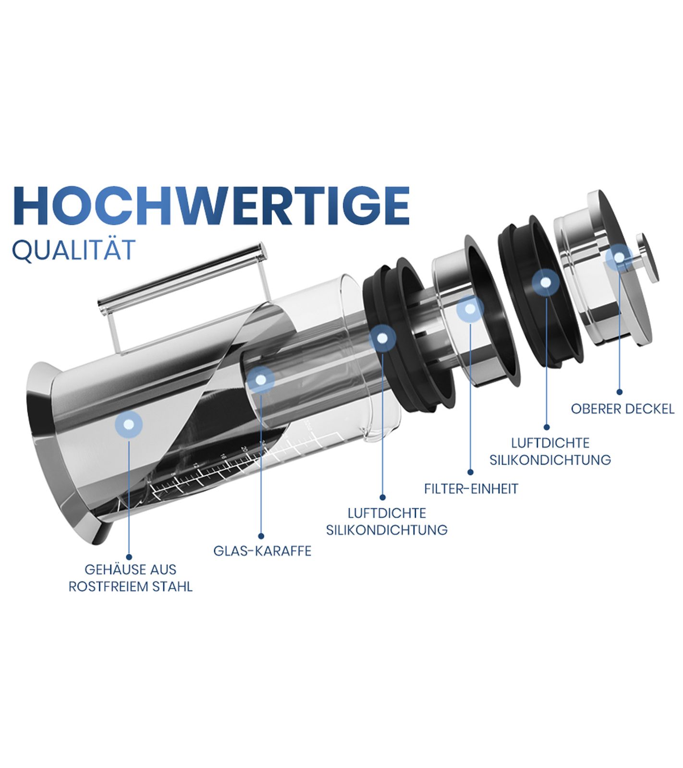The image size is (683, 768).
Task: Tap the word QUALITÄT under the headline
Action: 73,250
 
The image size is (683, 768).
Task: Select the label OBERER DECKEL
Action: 622,409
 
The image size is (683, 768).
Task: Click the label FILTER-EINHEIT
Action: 471,489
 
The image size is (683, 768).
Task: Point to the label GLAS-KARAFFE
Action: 262,551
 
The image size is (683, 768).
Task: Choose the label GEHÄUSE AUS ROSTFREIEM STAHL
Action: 131,578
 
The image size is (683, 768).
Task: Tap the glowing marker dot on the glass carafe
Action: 261,380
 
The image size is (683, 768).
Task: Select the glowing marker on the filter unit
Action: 470,309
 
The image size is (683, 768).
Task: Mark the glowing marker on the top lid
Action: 619,258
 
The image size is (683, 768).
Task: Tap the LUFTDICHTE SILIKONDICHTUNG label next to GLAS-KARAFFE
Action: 387,522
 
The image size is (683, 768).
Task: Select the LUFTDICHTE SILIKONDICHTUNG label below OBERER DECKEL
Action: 550,451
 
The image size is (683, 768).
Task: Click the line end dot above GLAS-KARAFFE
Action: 261,536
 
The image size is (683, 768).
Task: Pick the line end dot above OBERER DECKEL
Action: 620,392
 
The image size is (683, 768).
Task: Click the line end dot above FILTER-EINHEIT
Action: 470,472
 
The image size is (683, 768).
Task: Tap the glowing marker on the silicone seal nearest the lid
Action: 546,283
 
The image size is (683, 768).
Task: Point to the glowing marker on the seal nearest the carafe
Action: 382,338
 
